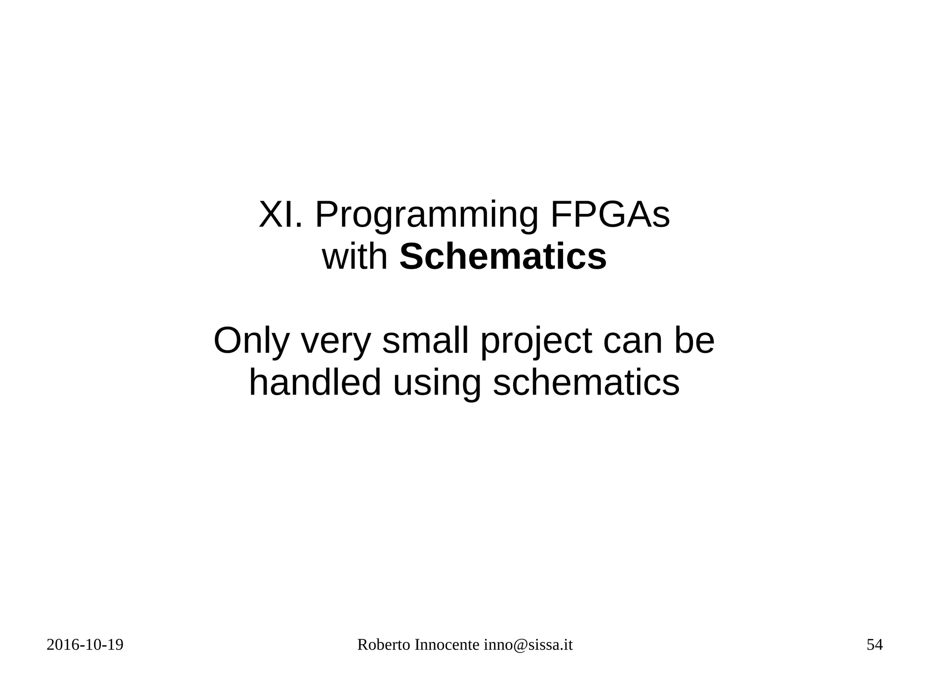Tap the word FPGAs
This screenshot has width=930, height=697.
(610, 215)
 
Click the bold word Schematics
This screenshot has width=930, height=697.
(503, 257)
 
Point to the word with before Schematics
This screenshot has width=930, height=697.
(355, 257)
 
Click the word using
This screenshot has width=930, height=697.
(436, 385)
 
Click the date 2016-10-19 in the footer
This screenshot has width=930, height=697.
(85, 645)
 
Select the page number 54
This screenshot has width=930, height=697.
(875, 645)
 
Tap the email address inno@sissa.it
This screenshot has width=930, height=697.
(528, 645)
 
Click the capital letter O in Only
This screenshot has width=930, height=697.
(228, 341)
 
